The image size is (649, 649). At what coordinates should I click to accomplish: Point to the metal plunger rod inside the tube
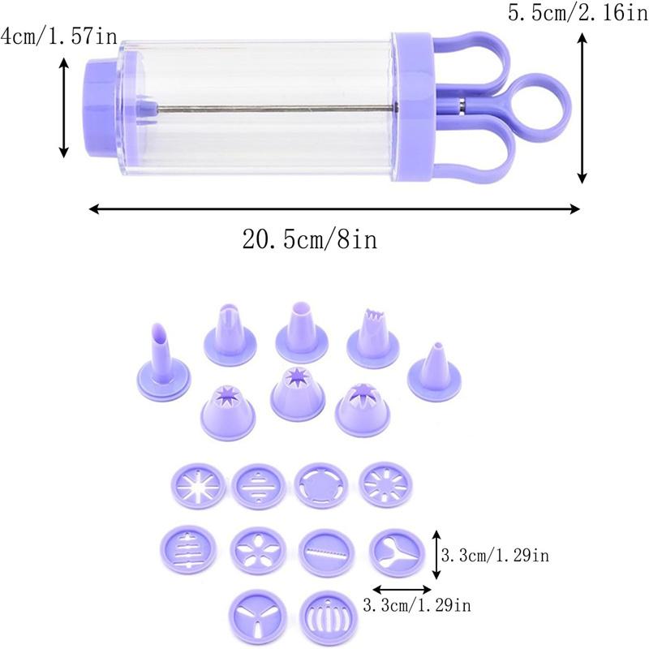[x=268, y=109]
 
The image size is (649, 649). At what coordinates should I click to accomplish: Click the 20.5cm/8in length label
[x=312, y=239]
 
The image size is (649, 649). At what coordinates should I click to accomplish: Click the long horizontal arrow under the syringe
[x=333, y=209]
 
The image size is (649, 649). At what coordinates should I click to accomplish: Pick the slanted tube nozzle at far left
[x=162, y=358]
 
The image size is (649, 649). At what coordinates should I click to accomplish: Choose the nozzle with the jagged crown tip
[x=371, y=336]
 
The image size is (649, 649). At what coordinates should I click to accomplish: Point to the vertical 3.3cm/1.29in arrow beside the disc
[x=436, y=555]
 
